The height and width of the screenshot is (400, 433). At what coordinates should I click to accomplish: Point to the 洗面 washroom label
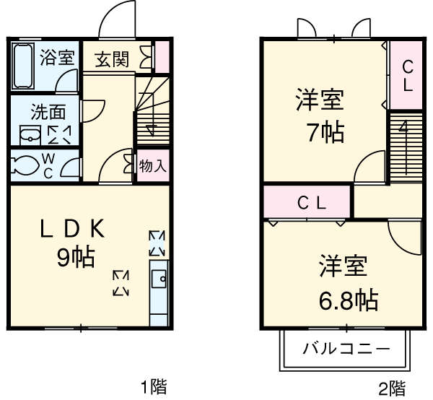[48, 112]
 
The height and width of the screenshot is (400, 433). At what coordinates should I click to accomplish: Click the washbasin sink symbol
[30, 134]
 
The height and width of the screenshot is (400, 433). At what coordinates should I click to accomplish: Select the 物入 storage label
[153, 165]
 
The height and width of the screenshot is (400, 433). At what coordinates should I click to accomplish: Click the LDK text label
[73, 230]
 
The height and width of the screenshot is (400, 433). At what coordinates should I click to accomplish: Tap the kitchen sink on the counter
[158, 277]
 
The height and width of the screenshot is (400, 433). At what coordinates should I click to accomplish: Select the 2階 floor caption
[393, 388]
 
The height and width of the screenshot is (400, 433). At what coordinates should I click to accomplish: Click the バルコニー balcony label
[346, 349]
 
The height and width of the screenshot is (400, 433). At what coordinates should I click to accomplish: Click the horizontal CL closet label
[312, 203]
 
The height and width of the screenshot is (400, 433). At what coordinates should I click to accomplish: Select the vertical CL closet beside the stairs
[406, 76]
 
